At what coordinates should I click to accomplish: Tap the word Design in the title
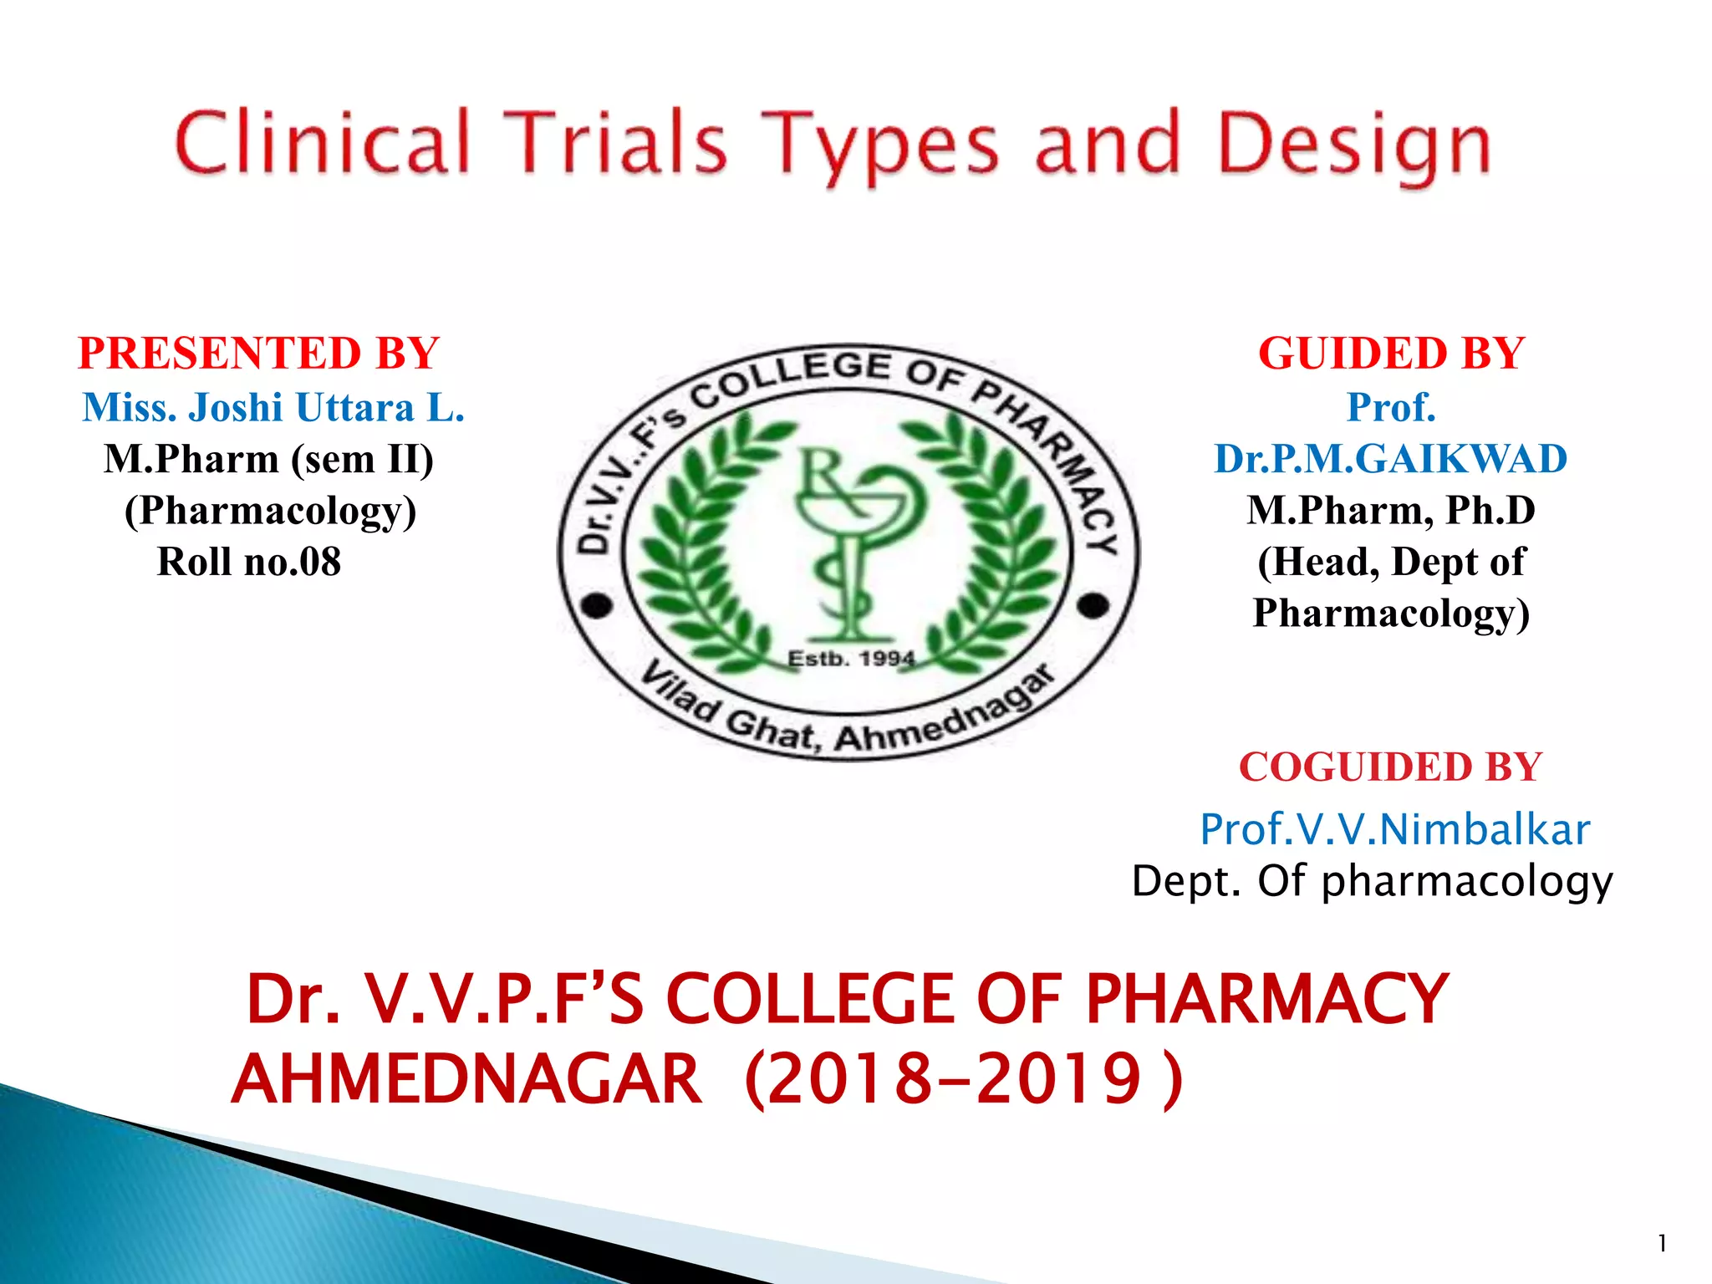[x=1354, y=144]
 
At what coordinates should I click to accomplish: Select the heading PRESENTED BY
[x=258, y=353]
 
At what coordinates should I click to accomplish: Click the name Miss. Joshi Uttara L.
[x=273, y=408]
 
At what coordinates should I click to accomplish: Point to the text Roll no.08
[x=249, y=562]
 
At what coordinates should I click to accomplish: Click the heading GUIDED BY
[x=1391, y=353]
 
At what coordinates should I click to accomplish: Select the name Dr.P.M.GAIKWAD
[x=1390, y=459]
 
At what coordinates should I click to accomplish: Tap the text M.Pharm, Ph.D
[x=1391, y=510]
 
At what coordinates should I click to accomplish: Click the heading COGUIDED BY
[x=1390, y=767]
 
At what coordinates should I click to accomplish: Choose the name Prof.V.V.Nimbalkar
[x=1394, y=829]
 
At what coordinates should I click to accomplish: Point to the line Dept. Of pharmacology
[x=1372, y=881]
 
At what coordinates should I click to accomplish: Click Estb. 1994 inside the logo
[x=851, y=659]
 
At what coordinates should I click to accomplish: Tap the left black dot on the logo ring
[x=597, y=605]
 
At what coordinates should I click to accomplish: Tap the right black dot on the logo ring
[x=1093, y=605]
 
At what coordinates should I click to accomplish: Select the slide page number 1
[x=1662, y=1244]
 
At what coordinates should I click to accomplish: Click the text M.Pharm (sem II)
[x=268, y=459]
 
